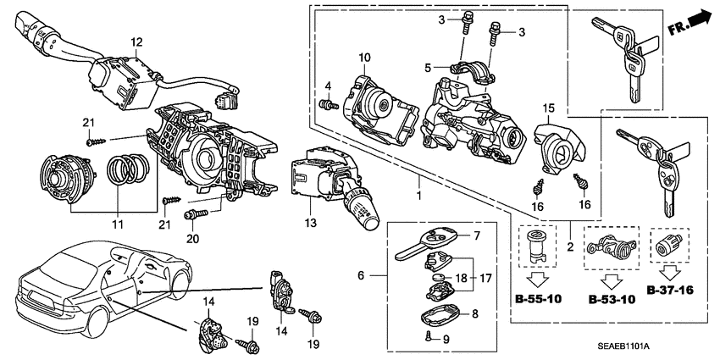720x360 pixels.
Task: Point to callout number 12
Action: [x=136, y=41]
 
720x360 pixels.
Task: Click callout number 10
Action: [x=364, y=57]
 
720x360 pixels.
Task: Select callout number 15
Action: [x=548, y=108]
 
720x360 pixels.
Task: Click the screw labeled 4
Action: [x=323, y=105]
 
